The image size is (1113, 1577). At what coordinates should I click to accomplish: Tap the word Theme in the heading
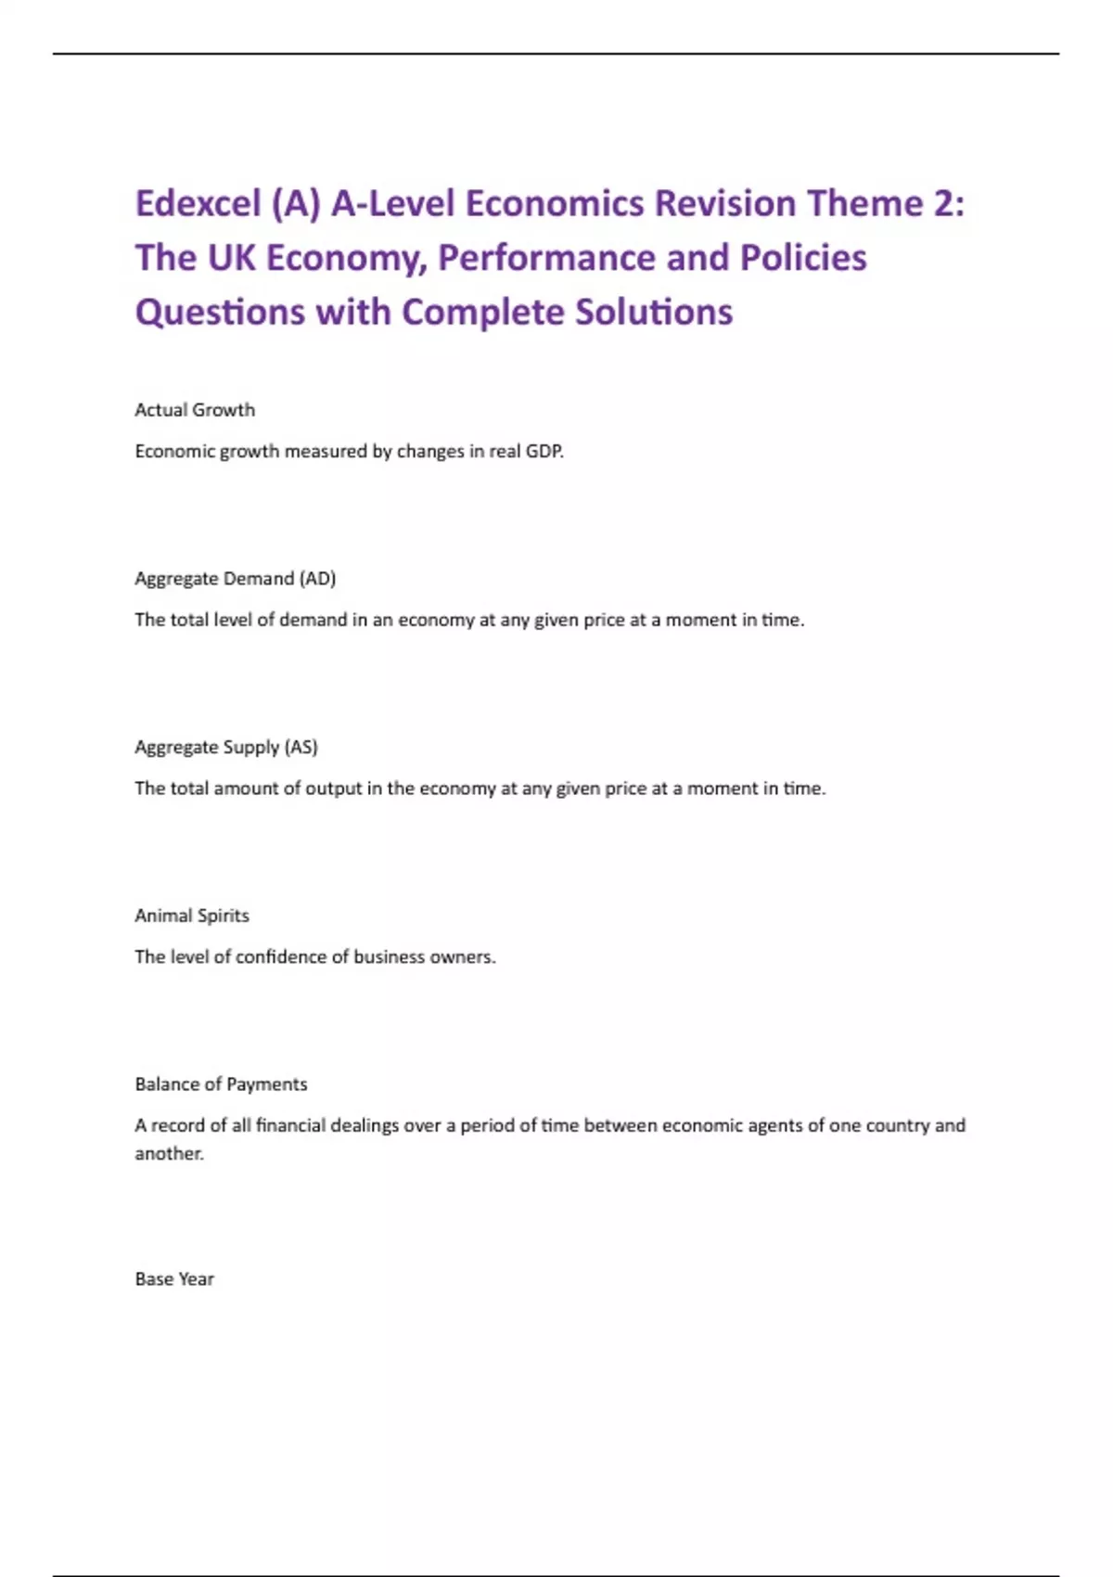coord(863,203)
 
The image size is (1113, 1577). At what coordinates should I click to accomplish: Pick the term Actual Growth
coord(195,410)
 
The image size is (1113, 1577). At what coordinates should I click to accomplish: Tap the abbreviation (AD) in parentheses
coord(317,579)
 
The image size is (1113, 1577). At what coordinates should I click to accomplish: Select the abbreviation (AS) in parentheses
coord(301,747)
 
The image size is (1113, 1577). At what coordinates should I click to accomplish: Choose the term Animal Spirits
coord(192,916)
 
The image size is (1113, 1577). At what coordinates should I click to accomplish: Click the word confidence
coord(277,957)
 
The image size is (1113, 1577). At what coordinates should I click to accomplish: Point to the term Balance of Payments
coord(221,1084)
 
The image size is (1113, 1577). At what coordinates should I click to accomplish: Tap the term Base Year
coord(174,1279)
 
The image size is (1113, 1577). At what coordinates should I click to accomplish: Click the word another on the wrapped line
coord(169,1154)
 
